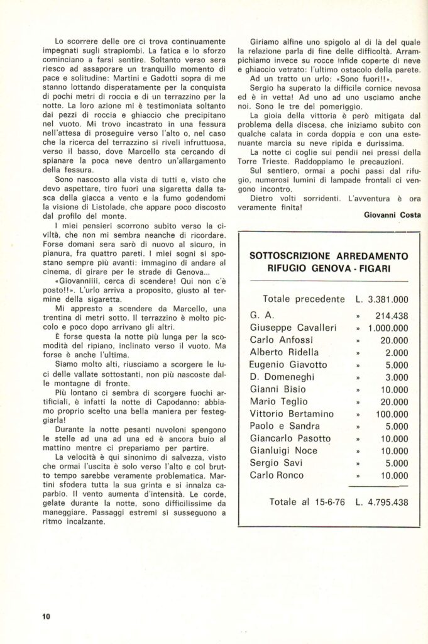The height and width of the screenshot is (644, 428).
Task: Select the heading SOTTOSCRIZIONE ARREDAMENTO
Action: pos(329,256)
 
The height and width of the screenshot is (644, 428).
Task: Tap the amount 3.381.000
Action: pos(386,299)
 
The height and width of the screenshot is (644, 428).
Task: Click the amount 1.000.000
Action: pos(388,328)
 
